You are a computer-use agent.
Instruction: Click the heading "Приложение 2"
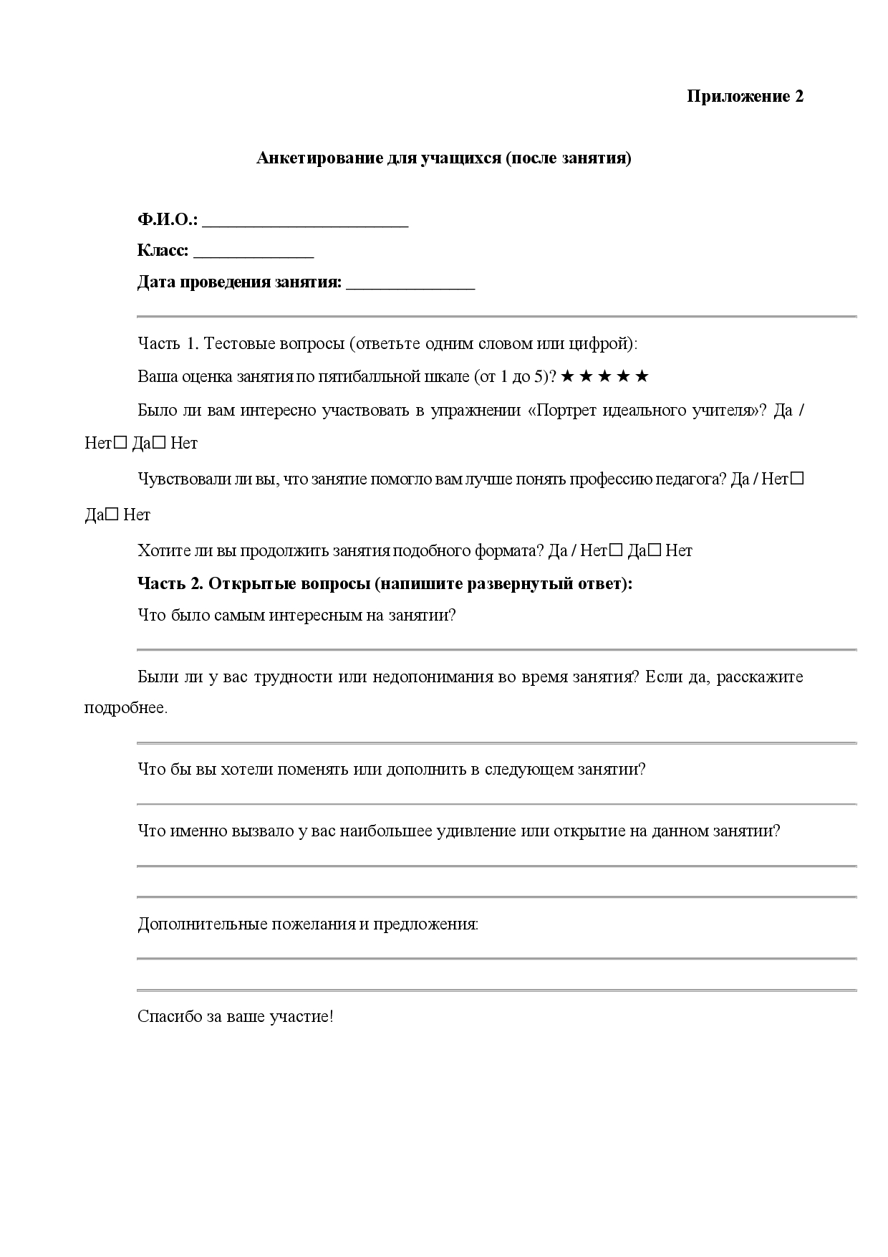pos(745,96)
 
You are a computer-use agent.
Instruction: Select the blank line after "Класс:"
pos(254,252)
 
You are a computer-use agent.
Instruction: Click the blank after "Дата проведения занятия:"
pos(410,284)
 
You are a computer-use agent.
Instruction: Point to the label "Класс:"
pos(163,251)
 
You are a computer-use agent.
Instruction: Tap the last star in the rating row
pos(642,376)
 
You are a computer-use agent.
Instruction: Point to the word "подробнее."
pos(126,708)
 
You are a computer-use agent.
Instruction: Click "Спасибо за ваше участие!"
pos(236,1016)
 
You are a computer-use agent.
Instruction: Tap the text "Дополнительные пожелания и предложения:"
pos(308,924)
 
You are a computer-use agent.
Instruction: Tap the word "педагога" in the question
pos(695,479)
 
